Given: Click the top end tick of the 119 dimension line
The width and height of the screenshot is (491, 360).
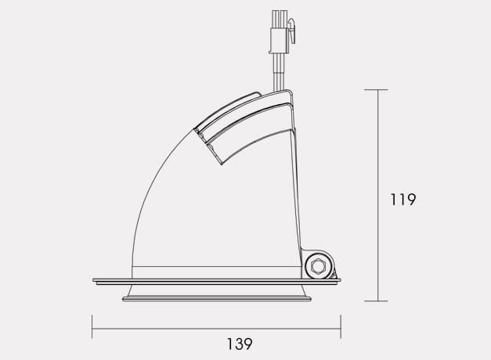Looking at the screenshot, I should tap(377, 90).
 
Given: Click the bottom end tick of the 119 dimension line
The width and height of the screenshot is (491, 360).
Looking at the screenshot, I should tap(377, 301).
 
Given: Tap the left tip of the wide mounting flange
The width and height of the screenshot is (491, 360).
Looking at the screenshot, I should tap(93, 279).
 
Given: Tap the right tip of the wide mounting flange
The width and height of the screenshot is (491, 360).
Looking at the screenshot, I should tap(340, 279).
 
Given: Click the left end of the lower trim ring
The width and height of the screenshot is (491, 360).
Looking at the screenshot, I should tap(123, 297).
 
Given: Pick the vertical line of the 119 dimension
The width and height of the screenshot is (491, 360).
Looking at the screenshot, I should tap(377, 235).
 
